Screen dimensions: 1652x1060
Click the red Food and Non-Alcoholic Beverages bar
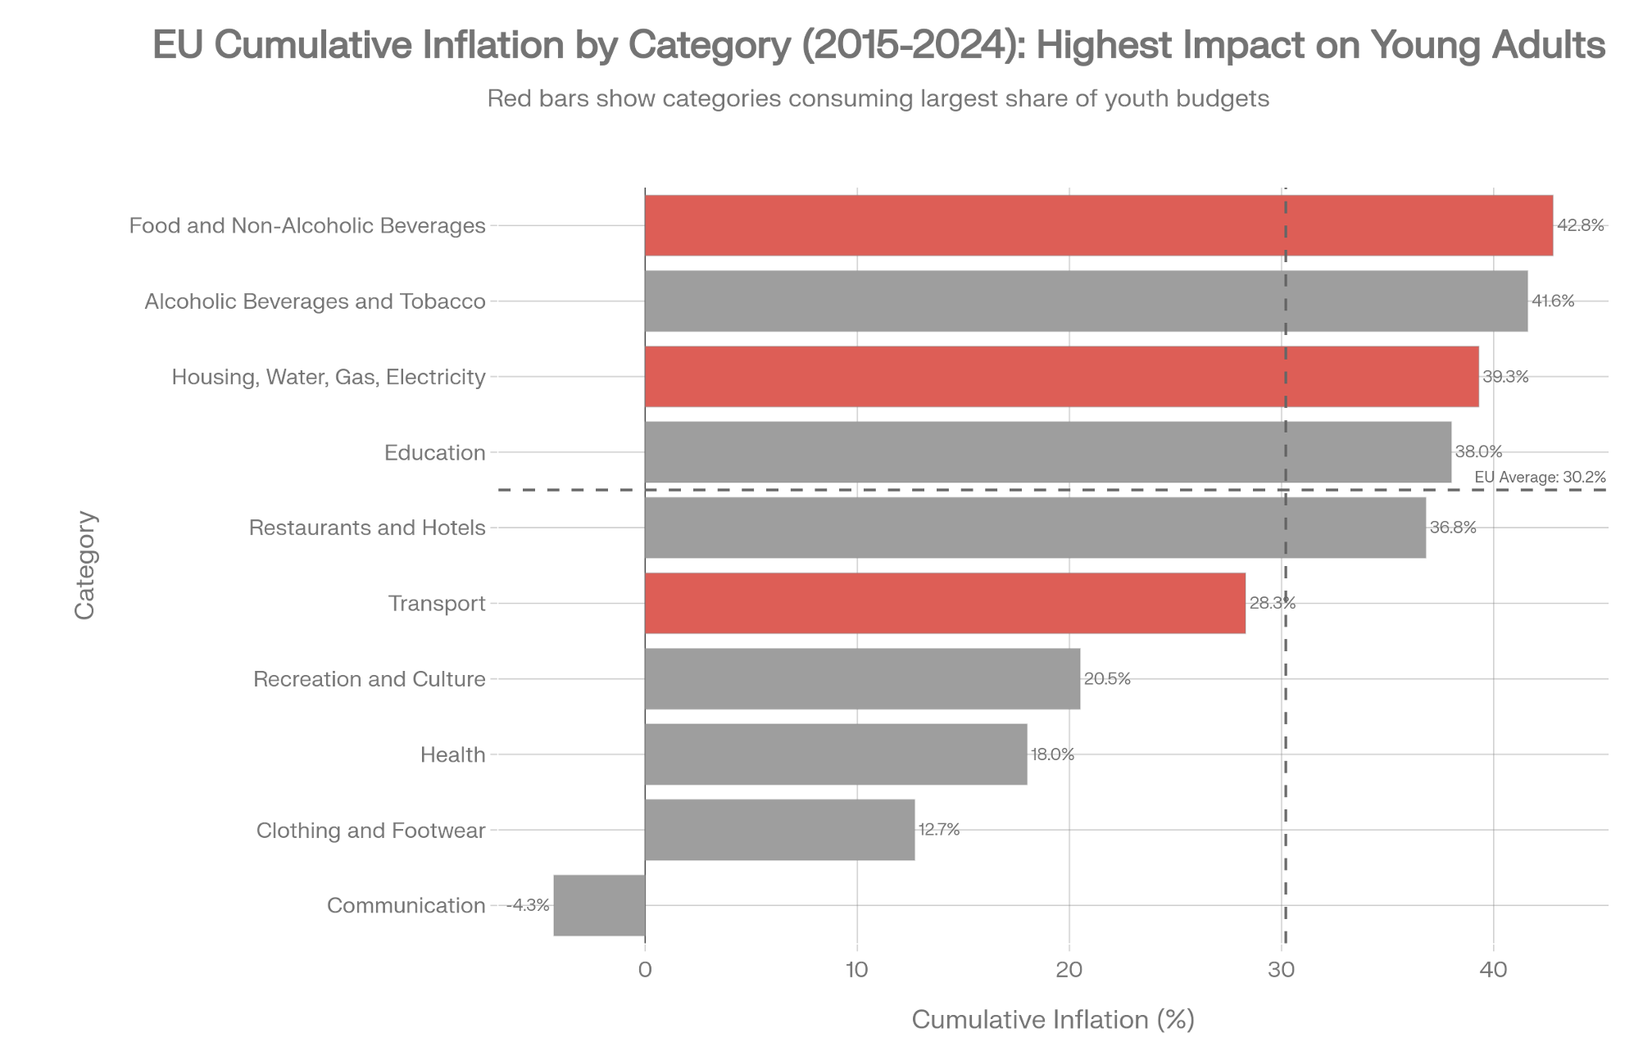pyautogui.click(x=1099, y=225)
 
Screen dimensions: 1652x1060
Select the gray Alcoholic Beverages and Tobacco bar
pyautogui.click(x=1087, y=301)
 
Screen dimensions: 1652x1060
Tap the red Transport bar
pyautogui.click(x=946, y=603)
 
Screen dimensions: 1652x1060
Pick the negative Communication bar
pyautogui.click(x=599, y=905)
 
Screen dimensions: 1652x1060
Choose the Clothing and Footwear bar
pyautogui.click(x=780, y=830)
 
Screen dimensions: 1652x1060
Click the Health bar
pyautogui.click(x=836, y=754)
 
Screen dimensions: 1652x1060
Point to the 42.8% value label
pyautogui.click(x=1581, y=225)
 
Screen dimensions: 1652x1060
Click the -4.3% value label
pyautogui.click(x=528, y=905)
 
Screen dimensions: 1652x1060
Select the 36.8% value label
pyautogui.click(x=1453, y=528)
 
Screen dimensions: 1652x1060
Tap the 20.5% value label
pyautogui.click(x=1107, y=679)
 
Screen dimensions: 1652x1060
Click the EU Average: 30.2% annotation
pyautogui.click(x=1540, y=477)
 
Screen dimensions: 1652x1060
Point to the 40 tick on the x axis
pyautogui.click(x=1493, y=970)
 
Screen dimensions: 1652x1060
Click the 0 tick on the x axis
pyautogui.click(x=645, y=970)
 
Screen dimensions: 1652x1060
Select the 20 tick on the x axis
pyautogui.click(x=1069, y=970)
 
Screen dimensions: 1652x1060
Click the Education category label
pyautogui.click(x=435, y=452)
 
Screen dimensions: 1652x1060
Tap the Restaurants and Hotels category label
pyautogui.click(x=367, y=528)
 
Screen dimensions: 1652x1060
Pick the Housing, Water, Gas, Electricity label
pyautogui.click(x=329, y=377)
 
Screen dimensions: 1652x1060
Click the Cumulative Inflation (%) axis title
pyautogui.click(x=1053, y=1020)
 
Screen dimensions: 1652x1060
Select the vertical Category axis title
pyautogui.click(x=85, y=565)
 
